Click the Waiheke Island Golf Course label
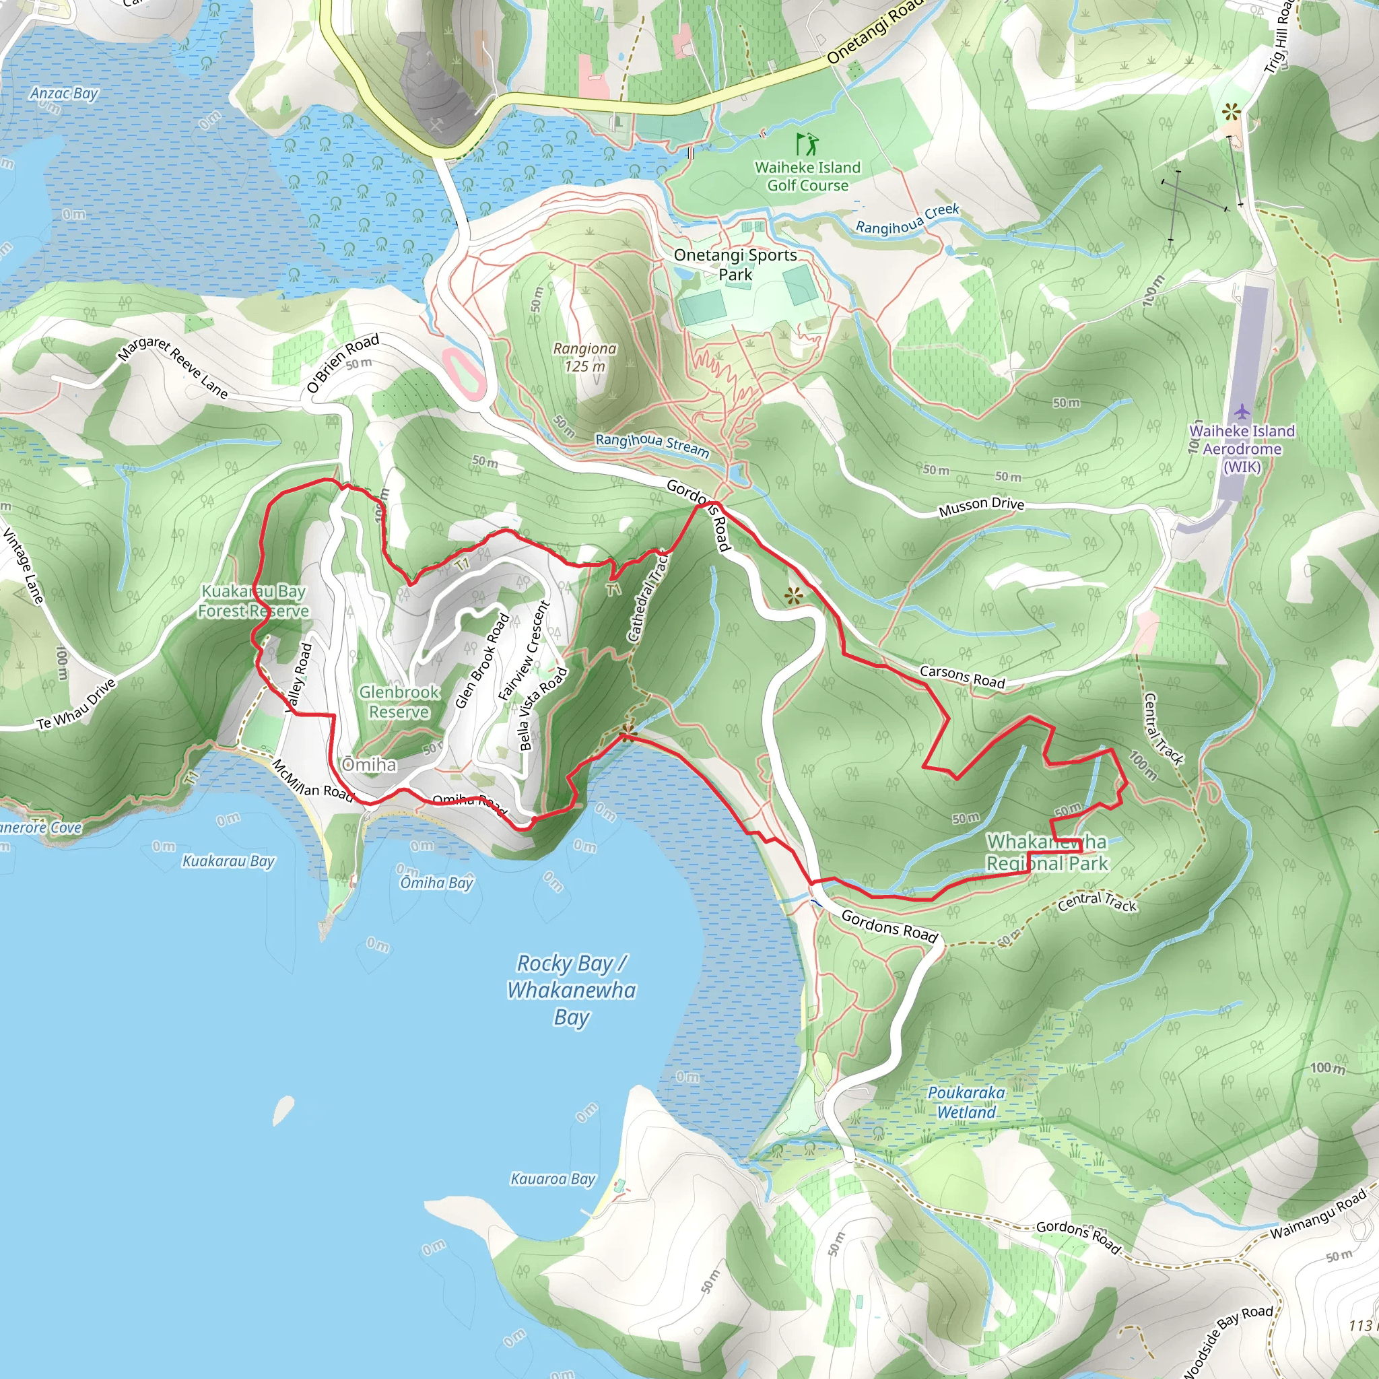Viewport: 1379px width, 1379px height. coord(807,176)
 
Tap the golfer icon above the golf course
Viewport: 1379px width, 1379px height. coord(807,143)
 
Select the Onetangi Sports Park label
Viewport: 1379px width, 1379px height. coord(735,264)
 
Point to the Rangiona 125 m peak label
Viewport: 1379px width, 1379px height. coord(584,357)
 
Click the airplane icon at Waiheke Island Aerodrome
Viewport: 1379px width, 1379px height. coord(1242,412)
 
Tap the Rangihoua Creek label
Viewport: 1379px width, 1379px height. coord(907,219)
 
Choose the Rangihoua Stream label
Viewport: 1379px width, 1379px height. coord(652,444)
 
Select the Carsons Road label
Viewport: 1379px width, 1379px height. coord(962,676)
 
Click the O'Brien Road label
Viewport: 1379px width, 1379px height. coord(343,364)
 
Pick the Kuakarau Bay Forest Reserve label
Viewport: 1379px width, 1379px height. coord(253,601)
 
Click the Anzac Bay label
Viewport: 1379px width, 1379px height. coord(63,94)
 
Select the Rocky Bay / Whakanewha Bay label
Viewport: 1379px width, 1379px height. coord(571,990)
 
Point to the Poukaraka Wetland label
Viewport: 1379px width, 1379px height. coord(966,1103)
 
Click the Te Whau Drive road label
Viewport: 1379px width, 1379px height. coord(76,704)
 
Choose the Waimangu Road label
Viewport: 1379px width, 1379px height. coord(1318,1214)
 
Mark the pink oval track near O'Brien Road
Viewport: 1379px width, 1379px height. coord(465,372)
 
